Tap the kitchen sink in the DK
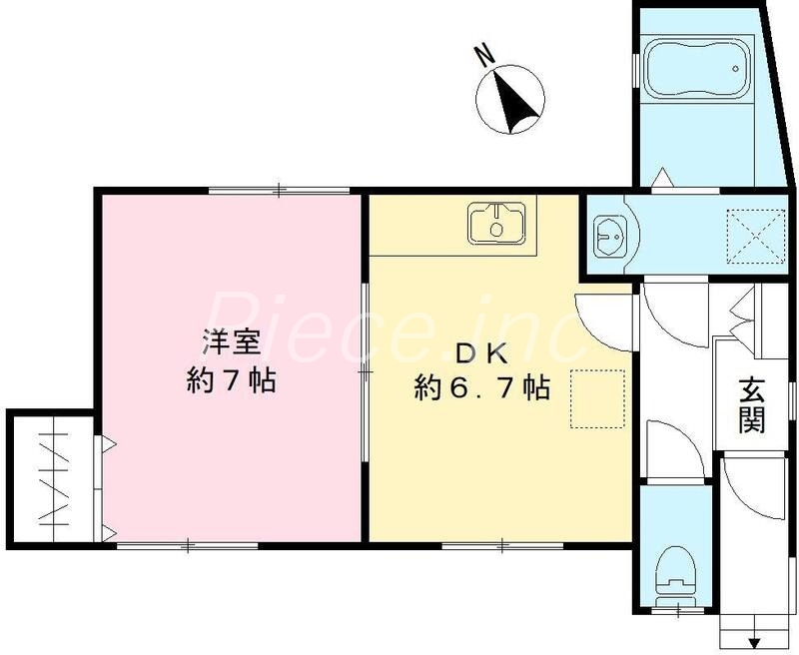click(x=496, y=222)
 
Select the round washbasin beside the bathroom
click(x=609, y=237)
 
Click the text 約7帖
click(x=232, y=381)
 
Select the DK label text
click(x=483, y=352)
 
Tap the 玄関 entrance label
click(x=752, y=403)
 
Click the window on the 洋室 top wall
click(x=279, y=189)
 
